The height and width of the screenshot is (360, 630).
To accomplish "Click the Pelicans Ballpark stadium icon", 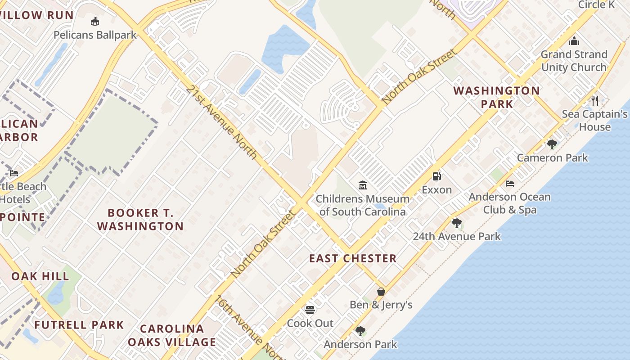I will tap(95, 21).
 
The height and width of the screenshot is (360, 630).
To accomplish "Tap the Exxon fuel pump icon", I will tap(436, 176).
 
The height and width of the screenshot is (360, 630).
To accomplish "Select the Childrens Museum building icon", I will tap(363, 185).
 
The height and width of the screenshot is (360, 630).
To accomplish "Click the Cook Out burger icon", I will tap(310, 310).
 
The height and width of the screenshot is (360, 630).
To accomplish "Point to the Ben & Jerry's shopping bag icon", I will tap(381, 291).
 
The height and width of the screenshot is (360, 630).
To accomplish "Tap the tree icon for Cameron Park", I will tap(552, 144).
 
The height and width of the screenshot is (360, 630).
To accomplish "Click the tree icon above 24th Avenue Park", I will tap(457, 223).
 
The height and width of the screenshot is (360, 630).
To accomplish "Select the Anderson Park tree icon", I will tap(360, 331).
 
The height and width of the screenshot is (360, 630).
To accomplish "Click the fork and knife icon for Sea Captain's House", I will tap(595, 100).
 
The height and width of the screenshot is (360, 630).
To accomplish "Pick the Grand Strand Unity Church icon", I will tap(574, 41).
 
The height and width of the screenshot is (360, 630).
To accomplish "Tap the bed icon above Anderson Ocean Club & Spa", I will tap(510, 184).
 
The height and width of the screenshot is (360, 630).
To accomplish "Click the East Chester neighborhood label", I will tap(353, 258).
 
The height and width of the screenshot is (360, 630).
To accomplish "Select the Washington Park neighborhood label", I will tap(496, 97).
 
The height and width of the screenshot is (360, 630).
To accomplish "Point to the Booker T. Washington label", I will tap(140, 219).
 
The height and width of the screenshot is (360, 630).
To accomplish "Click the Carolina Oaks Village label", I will tap(171, 335).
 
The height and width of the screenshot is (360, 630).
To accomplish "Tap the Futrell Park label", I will tap(79, 324).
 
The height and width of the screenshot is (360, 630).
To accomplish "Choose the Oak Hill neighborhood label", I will tap(40, 276).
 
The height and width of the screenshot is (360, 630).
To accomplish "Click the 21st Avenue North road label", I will tap(221, 122).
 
